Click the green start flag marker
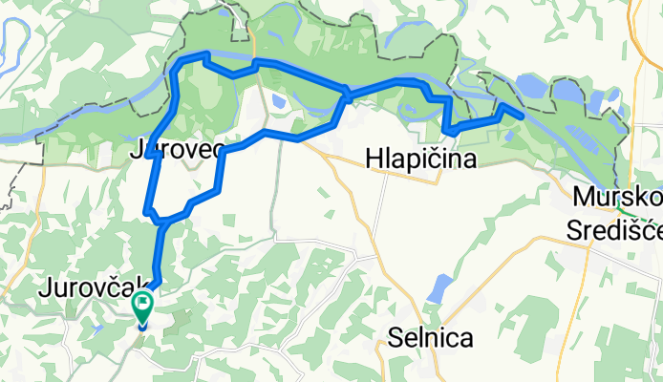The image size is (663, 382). click(143, 307)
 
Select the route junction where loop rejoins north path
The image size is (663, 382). click(347, 94)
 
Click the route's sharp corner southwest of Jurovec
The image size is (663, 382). click(147, 209)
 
